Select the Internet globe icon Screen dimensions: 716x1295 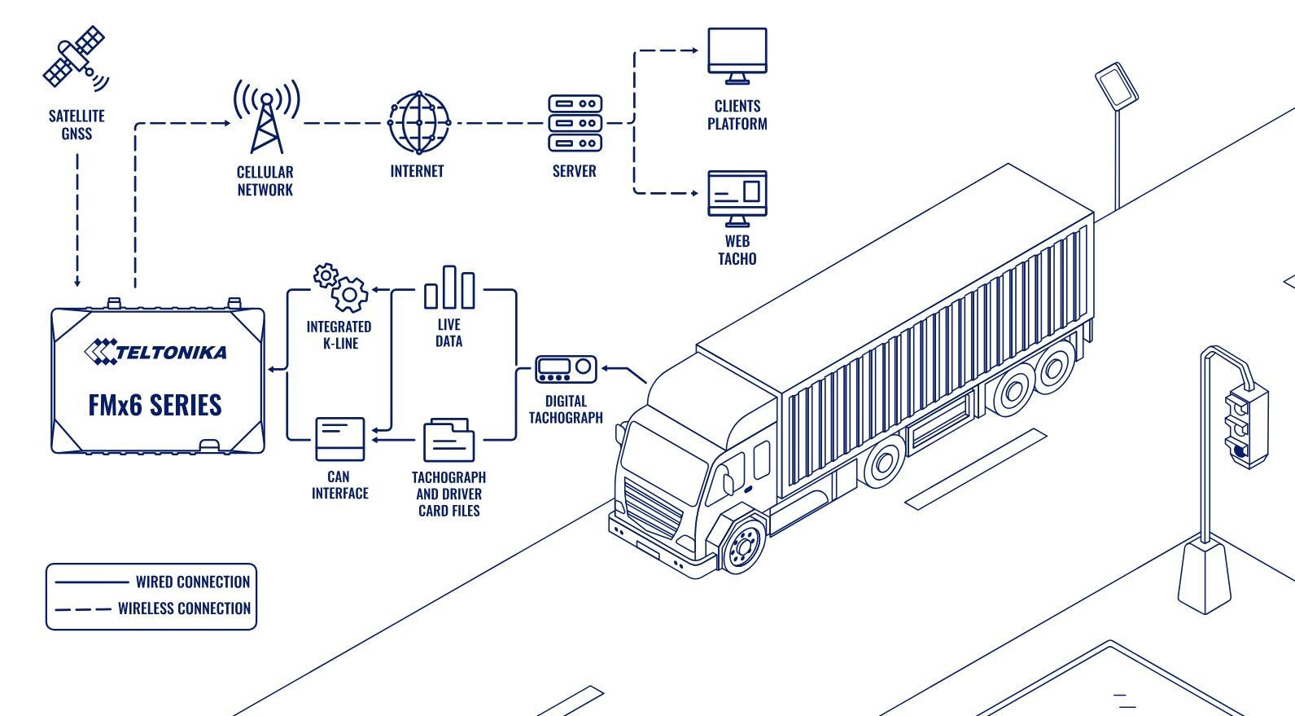[x=419, y=123]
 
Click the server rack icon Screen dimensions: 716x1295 [x=575, y=123]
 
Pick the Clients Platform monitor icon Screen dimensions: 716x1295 [x=737, y=55]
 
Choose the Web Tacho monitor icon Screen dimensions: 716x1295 [x=737, y=198]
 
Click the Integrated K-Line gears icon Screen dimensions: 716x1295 [x=341, y=287]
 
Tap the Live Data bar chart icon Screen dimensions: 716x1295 [x=448, y=288]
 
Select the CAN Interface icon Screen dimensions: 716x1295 [x=339, y=439]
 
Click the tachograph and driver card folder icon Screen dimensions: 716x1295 [x=448, y=441]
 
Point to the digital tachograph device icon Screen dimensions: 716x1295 [x=565, y=370]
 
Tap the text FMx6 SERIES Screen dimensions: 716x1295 [x=155, y=405]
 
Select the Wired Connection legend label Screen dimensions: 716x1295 [x=193, y=582]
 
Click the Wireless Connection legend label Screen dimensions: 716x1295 [x=184, y=608]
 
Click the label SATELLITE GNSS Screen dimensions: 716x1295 [x=77, y=125]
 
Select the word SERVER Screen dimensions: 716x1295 [x=574, y=171]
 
